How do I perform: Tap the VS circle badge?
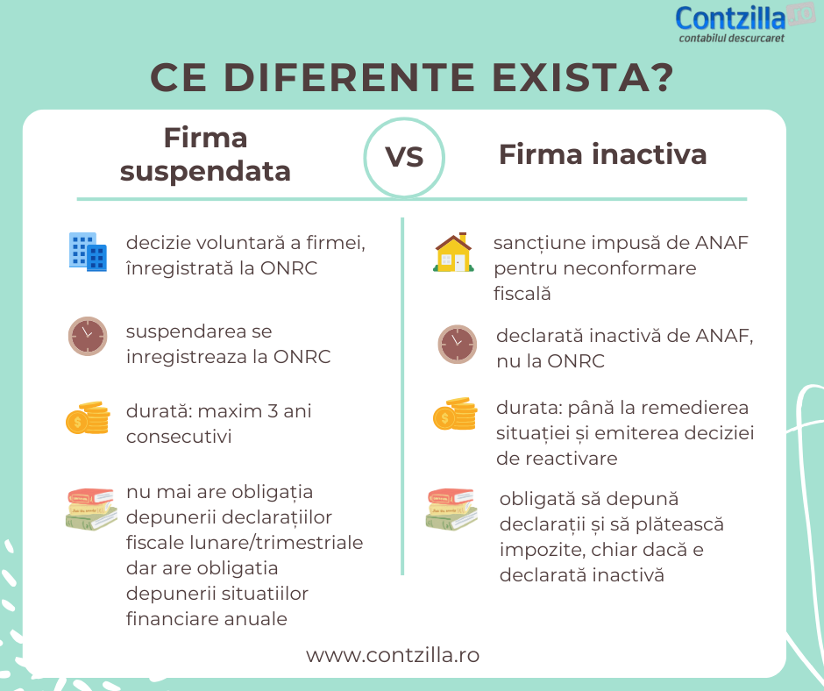tap(404, 157)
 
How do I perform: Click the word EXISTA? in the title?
tap(582, 78)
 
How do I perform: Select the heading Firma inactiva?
tap(603, 154)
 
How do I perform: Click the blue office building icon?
tap(88, 252)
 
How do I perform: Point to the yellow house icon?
tap(453, 253)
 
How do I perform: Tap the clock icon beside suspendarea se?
tap(88, 336)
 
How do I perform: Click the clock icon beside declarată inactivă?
tap(458, 345)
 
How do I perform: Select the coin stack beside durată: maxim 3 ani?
tap(89, 417)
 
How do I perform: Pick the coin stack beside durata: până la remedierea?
tap(455, 414)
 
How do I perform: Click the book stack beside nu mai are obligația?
tap(91, 509)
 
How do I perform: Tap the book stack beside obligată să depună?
tap(451, 509)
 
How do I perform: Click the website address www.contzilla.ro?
tap(393, 655)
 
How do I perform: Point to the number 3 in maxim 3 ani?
tap(273, 410)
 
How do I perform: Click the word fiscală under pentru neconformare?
tap(522, 294)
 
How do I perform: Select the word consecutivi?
tap(179, 437)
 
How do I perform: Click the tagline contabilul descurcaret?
tap(731, 38)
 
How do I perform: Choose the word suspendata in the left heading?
tap(205, 172)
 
